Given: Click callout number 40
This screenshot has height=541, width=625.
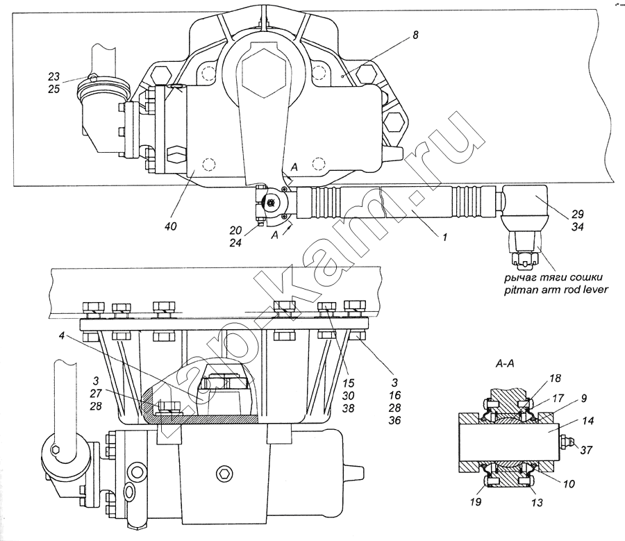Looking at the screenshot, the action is pyautogui.click(x=170, y=226).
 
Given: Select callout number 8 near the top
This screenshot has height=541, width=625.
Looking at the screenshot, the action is pyautogui.click(x=415, y=35).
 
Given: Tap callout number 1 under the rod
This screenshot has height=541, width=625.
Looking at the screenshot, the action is pyautogui.click(x=444, y=237).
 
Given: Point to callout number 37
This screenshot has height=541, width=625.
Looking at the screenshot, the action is pyautogui.click(x=586, y=450).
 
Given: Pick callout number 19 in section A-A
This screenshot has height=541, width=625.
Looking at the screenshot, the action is pyautogui.click(x=476, y=501).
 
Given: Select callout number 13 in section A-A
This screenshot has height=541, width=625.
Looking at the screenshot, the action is pyautogui.click(x=537, y=503).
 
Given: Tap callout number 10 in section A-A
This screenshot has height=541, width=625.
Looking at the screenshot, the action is pyautogui.click(x=569, y=483).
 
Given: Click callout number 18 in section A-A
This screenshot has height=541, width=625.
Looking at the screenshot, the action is pyautogui.click(x=555, y=378).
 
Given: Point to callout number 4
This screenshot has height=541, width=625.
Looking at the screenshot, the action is pyautogui.click(x=60, y=336).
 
